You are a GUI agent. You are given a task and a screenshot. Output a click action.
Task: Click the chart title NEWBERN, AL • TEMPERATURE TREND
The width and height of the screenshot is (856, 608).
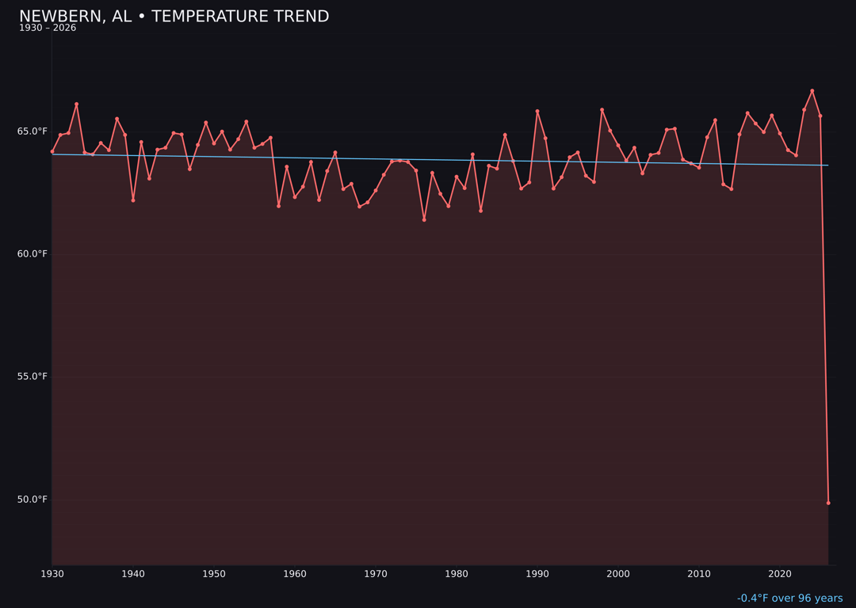pos(174,17)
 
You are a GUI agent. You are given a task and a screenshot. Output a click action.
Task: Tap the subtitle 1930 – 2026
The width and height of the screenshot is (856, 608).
pos(48,28)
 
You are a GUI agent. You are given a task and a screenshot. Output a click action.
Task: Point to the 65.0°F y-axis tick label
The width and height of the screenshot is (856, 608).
pos(32,131)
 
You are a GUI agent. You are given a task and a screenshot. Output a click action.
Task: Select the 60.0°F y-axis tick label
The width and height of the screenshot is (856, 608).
pos(32,254)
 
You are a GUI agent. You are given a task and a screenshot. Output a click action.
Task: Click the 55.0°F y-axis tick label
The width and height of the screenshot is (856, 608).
pos(32,377)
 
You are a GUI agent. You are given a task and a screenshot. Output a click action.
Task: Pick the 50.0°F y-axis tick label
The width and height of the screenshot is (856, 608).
pos(32,500)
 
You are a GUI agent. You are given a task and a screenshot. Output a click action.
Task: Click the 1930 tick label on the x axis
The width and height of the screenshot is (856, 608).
pos(52,574)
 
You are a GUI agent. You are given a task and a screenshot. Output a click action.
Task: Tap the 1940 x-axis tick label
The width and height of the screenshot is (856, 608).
pos(133,574)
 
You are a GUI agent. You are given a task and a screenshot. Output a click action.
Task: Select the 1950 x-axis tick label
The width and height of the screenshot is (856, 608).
pos(214,574)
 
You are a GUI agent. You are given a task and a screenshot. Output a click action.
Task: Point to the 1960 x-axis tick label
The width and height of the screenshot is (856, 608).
pos(295,574)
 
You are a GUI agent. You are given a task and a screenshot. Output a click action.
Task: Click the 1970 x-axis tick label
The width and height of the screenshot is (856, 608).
pos(376,574)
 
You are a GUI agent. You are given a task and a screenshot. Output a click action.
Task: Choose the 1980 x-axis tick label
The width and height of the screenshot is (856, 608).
pos(457,574)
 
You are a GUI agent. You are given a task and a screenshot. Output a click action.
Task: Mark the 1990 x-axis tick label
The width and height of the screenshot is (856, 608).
pos(537,574)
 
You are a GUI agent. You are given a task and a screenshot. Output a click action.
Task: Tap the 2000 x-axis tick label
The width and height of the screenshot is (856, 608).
pos(618,574)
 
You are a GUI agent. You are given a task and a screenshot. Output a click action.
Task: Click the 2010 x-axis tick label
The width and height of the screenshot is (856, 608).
pos(699,574)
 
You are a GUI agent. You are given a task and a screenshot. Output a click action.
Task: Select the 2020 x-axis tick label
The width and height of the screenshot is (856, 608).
pos(780,574)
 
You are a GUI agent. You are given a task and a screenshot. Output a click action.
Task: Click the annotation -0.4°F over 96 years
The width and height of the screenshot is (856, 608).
pos(789,598)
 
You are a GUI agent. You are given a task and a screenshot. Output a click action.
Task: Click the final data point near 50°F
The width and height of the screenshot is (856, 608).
pos(828,503)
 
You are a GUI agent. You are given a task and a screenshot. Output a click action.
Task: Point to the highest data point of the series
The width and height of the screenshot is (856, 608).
pos(812,91)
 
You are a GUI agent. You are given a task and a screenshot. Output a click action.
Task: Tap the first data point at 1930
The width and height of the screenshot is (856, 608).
pos(52,151)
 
